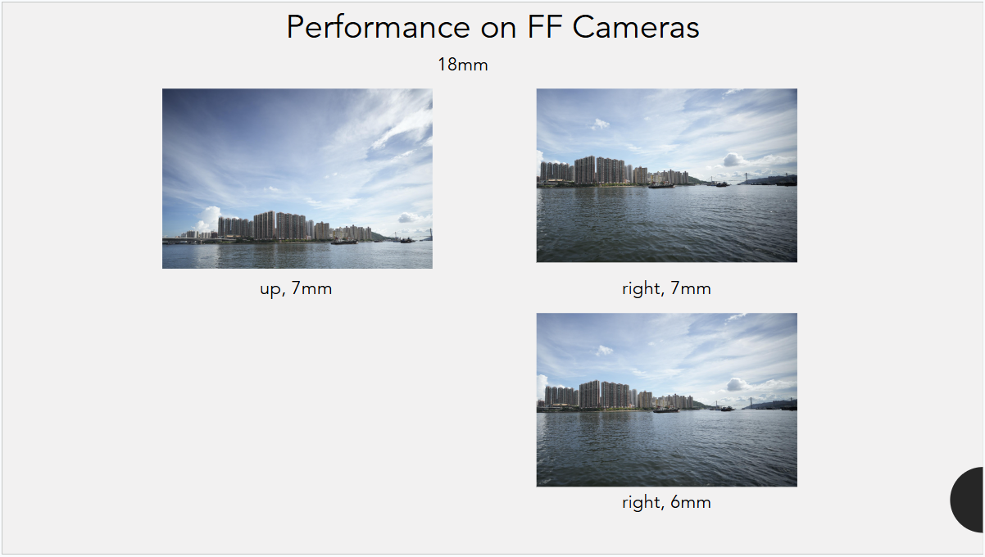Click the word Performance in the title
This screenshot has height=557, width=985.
(379, 28)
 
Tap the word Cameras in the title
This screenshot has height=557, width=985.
(636, 27)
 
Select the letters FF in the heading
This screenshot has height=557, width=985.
(545, 26)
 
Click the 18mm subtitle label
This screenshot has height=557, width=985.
(463, 65)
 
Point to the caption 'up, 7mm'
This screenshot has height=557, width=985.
(296, 289)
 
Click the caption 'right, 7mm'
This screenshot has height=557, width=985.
(666, 289)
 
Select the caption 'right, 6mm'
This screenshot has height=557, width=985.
(666, 502)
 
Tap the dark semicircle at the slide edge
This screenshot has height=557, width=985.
(969, 500)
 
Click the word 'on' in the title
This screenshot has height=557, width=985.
(498, 28)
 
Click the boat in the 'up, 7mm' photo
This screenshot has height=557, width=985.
(344, 242)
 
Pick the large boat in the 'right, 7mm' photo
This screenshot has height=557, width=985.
(661, 185)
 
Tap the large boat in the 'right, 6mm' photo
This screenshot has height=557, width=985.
(665, 410)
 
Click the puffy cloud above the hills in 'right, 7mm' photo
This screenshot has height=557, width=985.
(733, 159)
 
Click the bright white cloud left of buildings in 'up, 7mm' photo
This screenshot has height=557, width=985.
(208, 218)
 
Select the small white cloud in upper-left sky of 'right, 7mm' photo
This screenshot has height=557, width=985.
(599, 124)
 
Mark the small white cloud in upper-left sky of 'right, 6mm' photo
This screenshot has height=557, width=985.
(604, 350)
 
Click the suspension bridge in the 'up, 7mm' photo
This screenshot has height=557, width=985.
(413, 235)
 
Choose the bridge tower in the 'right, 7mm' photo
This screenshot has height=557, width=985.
(747, 178)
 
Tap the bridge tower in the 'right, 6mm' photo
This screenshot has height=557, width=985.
(750, 402)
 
